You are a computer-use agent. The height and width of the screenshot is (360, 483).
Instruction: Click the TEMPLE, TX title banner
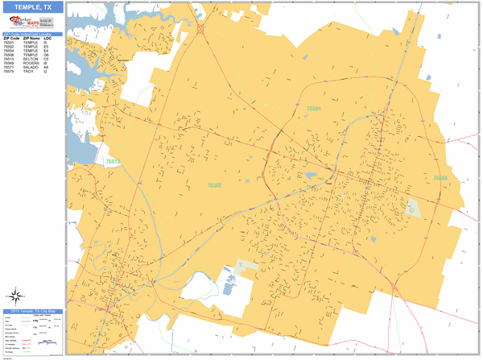(x=32, y=7)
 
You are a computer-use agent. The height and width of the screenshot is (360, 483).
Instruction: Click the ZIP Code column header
(x=10, y=39)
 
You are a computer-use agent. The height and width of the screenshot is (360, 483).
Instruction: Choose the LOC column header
(x=47, y=39)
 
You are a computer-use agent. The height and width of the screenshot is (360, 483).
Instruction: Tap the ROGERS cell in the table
(x=31, y=64)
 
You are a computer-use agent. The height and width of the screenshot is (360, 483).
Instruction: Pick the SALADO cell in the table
(x=31, y=68)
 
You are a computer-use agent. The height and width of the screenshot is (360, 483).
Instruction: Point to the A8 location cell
(x=47, y=68)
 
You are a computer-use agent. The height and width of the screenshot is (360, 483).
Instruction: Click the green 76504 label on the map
(x=313, y=107)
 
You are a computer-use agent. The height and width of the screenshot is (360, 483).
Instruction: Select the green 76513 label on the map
(x=113, y=161)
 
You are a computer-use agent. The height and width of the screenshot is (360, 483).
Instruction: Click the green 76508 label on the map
(x=440, y=178)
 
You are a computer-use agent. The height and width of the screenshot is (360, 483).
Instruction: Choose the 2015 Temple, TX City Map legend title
(x=31, y=311)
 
